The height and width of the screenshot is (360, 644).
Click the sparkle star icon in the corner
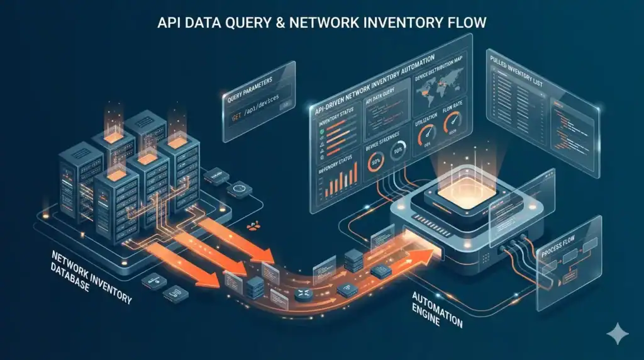point(616,333)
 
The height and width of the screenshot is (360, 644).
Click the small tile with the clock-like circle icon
point(238,188)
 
